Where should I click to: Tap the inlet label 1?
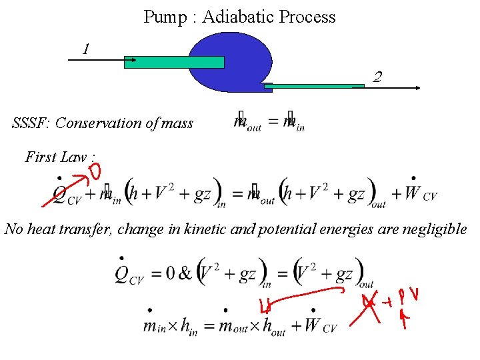pyautogui.click(x=85, y=48)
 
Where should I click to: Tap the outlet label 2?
pyautogui.click(x=377, y=77)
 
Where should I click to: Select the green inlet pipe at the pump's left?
pyautogui.click(x=174, y=62)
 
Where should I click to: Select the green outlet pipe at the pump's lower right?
pyautogui.click(x=313, y=87)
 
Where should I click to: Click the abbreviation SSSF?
pyautogui.click(x=31, y=123)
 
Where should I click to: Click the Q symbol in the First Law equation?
pyautogui.click(x=59, y=194)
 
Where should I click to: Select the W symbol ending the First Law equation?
pyautogui.click(x=413, y=193)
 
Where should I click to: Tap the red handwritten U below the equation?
pyautogui.click(x=265, y=307)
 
